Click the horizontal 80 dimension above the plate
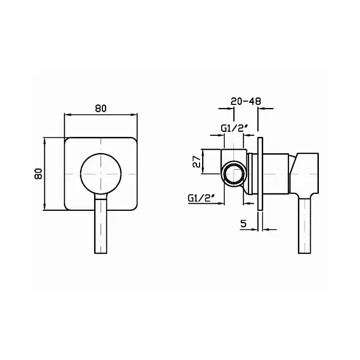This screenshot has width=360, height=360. point(101,109)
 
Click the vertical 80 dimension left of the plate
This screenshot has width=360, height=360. point(39,174)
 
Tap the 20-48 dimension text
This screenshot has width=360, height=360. point(246,101)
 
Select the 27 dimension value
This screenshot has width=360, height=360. point(197,161)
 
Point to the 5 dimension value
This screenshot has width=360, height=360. point(244,223)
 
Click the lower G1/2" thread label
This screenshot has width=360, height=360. point(202,197)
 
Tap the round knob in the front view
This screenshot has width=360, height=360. point(101,173)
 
